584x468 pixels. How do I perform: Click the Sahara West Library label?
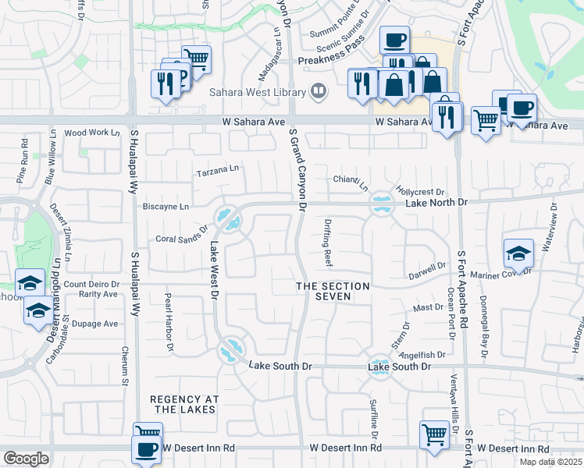click(258, 92)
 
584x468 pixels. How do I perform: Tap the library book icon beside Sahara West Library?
click(318, 92)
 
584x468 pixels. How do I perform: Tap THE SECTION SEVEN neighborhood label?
click(333, 292)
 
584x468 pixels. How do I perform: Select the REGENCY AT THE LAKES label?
click(186, 404)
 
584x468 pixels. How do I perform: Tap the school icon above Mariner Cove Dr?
click(518, 253)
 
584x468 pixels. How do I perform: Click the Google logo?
click(26, 458)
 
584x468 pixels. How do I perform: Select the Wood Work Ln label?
click(87, 133)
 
